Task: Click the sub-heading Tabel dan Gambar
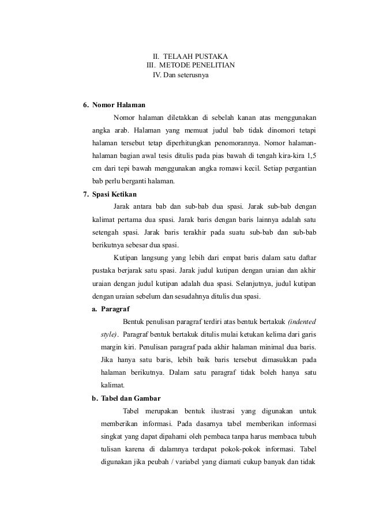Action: point(130,398)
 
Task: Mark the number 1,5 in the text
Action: point(312,156)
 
